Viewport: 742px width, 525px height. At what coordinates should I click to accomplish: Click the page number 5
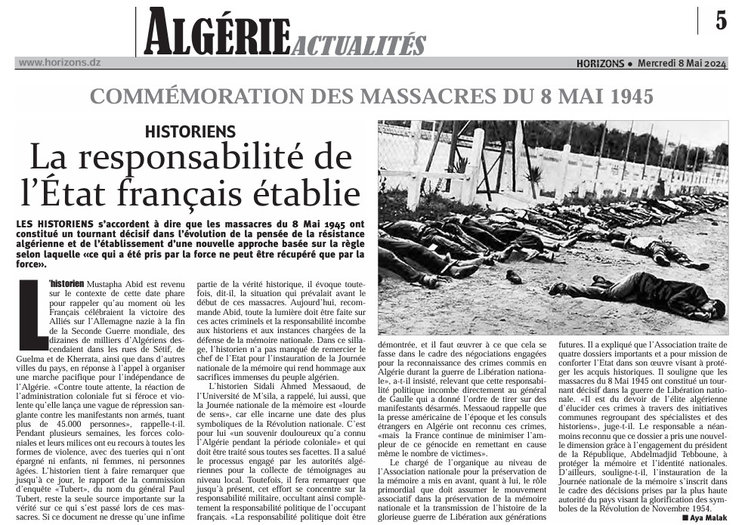click(721, 20)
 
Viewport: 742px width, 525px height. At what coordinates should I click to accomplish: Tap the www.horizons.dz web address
click(59, 63)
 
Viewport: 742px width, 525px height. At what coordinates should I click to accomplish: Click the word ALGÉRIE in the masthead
click(217, 32)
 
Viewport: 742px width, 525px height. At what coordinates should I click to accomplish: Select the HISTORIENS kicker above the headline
click(190, 131)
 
